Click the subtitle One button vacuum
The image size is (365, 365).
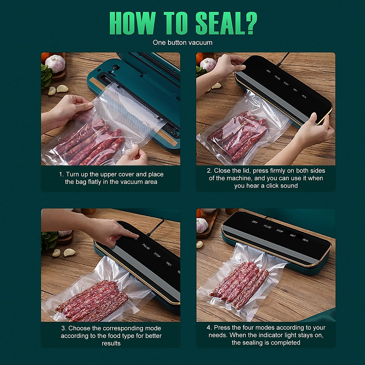pos(182,43)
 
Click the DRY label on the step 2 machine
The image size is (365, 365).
pos(268,71)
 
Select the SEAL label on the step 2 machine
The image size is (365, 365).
pos(304,96)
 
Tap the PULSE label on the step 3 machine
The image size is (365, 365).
pos(146,247)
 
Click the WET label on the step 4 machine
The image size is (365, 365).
pos(293,235)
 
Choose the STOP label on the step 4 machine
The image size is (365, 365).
pos(280,231)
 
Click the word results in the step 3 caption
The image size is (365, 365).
pos(111,343)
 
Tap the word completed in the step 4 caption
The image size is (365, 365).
pos(285,343)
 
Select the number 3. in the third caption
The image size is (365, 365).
pos(64,328)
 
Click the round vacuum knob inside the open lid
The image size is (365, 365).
pos(116,68)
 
